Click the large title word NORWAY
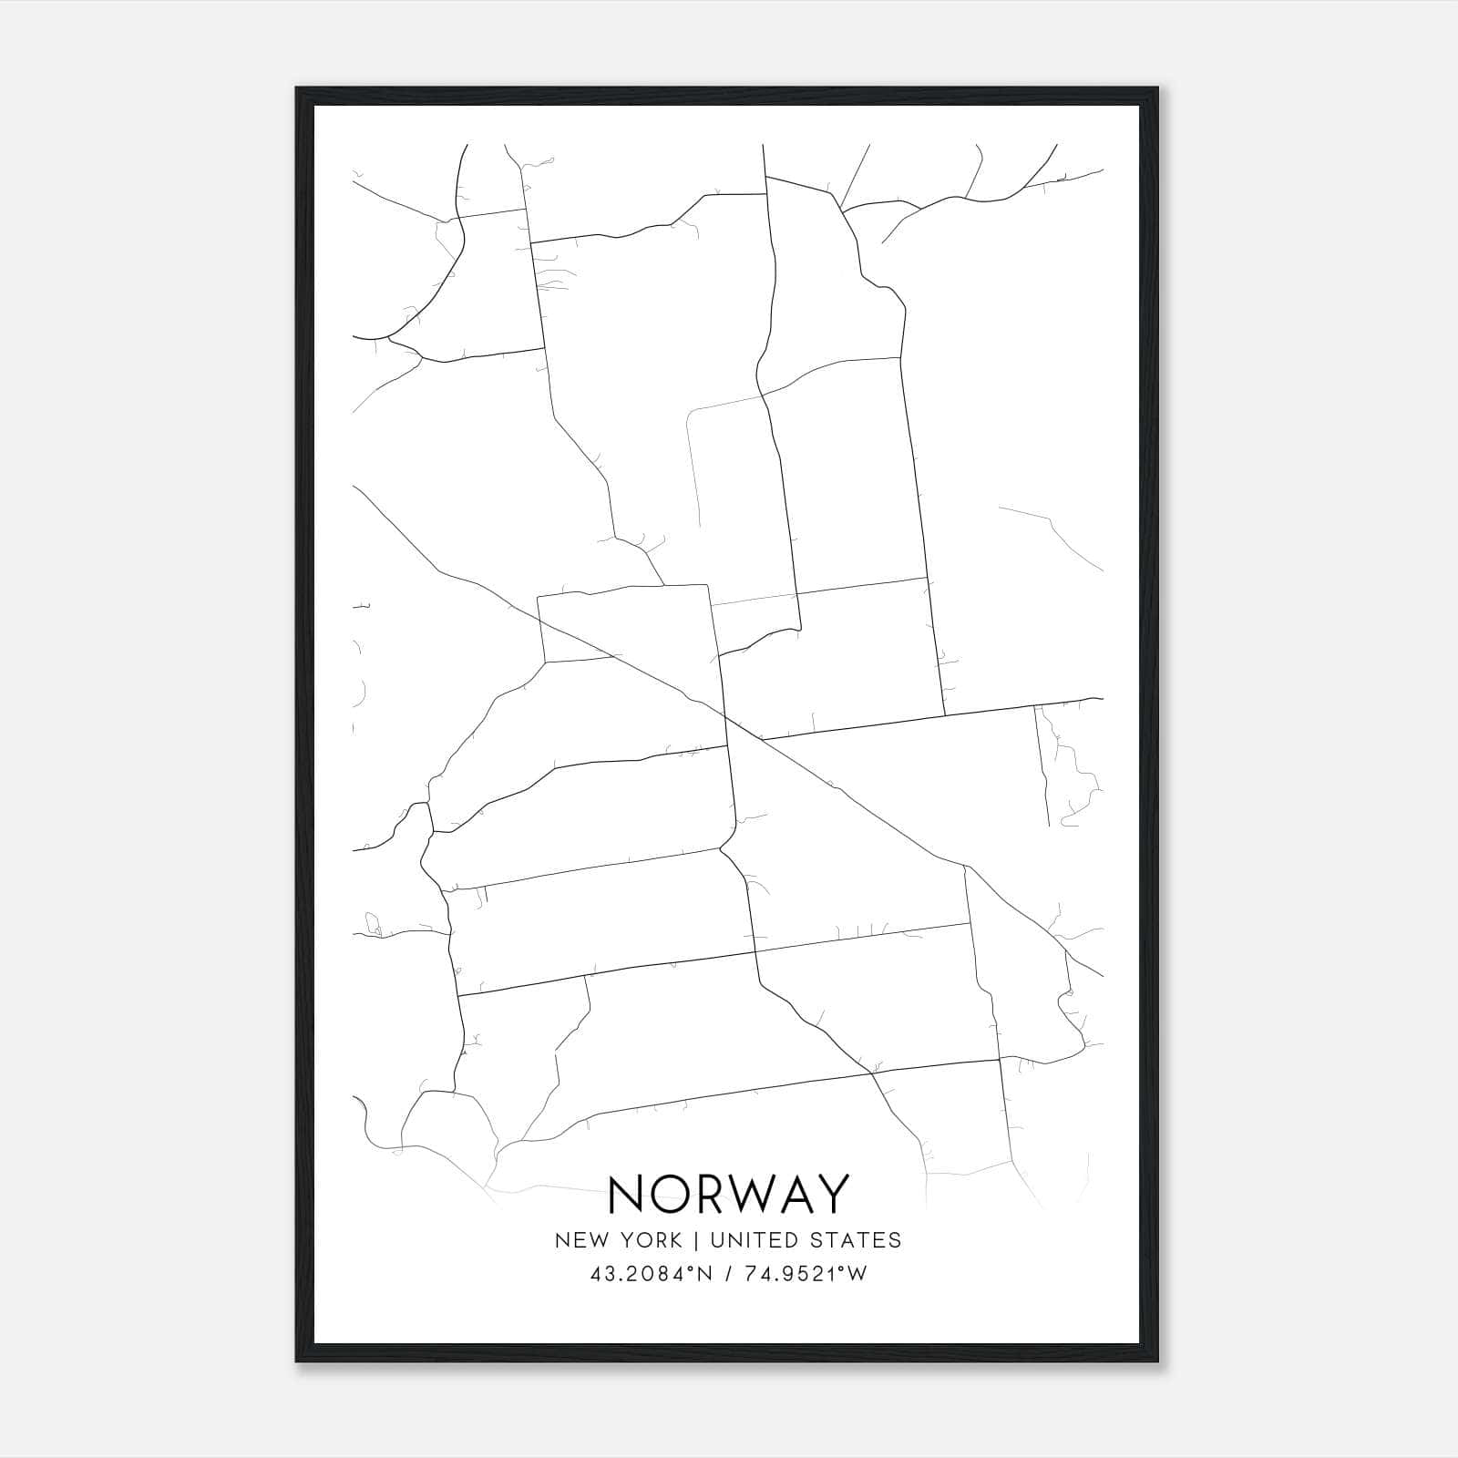pos(728,1195)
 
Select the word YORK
pos(649,1240)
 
